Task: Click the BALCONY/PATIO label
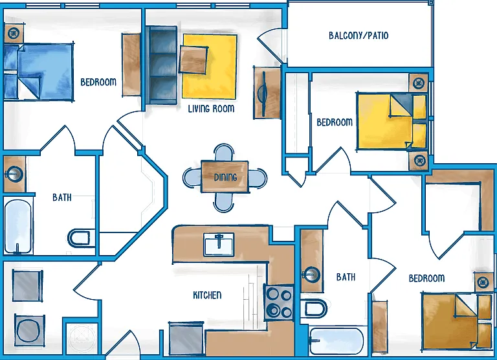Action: pos(359,35)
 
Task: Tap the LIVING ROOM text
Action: pos(211,109)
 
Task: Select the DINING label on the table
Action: pos(225,177)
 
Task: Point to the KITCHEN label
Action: pos(207,295)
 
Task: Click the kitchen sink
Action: pos(219,244)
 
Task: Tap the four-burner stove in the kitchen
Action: pos(279,303)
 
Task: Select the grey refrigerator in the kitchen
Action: pos(186,338)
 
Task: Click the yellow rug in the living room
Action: pos(210,67)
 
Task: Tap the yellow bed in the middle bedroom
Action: pos(392,121)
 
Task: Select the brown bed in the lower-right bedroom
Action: pos(456,322)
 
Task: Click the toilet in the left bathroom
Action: pos(79,238)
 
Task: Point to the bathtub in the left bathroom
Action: pos(17,226)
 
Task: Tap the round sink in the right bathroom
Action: pos(311,275)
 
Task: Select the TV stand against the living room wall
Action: pos(267,93)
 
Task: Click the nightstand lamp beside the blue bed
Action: pos(14,32)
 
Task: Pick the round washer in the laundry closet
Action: pos(30,330)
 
